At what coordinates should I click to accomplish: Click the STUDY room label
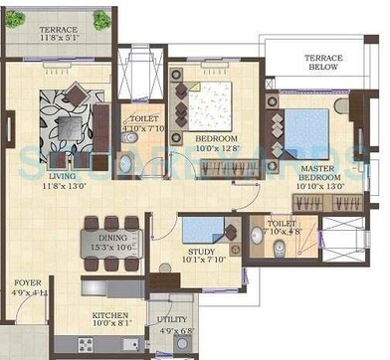click(x=202, y=252)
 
